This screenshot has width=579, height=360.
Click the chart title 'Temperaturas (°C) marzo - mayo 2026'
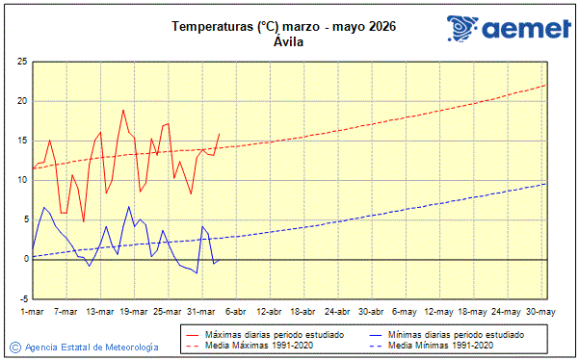pos(284,26)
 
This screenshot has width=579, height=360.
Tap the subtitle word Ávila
pos(289,42)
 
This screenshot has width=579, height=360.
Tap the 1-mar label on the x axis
pos(33,312)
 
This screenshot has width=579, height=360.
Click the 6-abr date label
pos(234,312)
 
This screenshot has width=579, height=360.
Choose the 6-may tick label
pos(404,312)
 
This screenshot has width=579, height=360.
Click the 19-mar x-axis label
pos(134,312)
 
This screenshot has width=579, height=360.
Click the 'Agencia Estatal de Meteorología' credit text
pos(92,347)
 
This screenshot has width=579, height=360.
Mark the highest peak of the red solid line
pos(122,110)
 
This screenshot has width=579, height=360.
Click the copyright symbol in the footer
pos(14,347)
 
